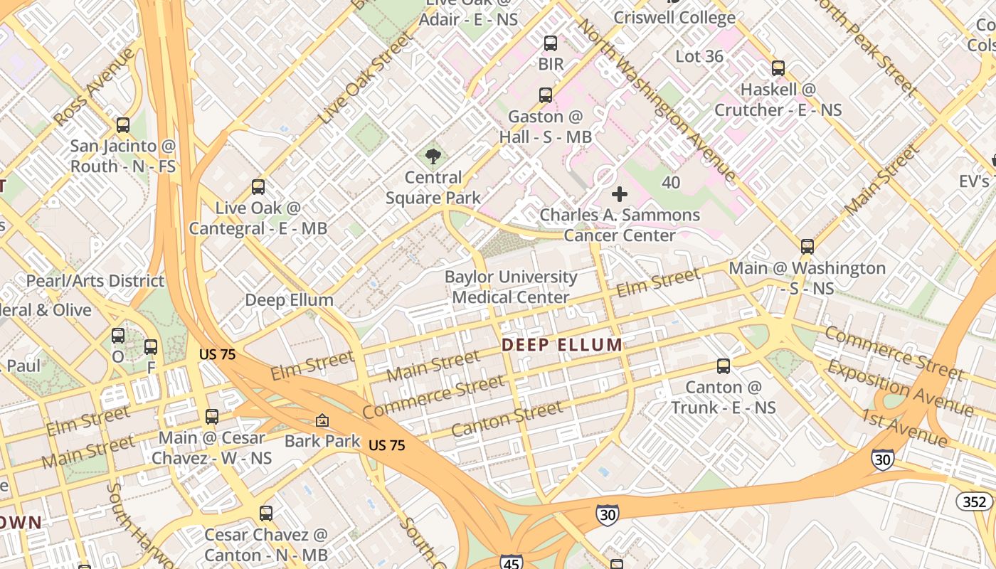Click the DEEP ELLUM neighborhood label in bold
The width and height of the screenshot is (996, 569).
click(562, 346)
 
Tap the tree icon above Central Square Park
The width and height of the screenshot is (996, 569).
click(433, 156)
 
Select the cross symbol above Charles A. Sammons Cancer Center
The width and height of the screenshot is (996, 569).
click(620, 193)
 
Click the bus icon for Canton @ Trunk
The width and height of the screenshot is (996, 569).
click(724, 366)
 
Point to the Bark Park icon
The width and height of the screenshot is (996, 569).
click(322, 421)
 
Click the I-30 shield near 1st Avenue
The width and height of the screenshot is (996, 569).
click(882, 459)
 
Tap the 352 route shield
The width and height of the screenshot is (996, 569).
click(974, 502)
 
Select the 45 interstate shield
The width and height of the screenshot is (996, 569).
click(511, 562)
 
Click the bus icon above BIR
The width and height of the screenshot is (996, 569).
click(551, 43)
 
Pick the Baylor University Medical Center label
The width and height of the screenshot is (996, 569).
click(511, 287)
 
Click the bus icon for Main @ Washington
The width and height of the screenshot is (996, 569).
click(807, 247)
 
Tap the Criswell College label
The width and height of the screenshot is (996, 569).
click(674, 18)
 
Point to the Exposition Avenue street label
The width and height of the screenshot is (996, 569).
click(900, 388)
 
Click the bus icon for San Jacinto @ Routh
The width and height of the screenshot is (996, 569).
click(123, 125)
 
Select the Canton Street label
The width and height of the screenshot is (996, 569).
click(507, 420)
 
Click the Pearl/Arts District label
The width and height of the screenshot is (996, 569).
click(95, 281)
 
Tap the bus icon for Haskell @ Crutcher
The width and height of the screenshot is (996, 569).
click(778, 68)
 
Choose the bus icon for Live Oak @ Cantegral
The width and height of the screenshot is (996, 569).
click(258, 187)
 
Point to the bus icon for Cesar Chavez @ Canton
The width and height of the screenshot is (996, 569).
click(266, 513)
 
